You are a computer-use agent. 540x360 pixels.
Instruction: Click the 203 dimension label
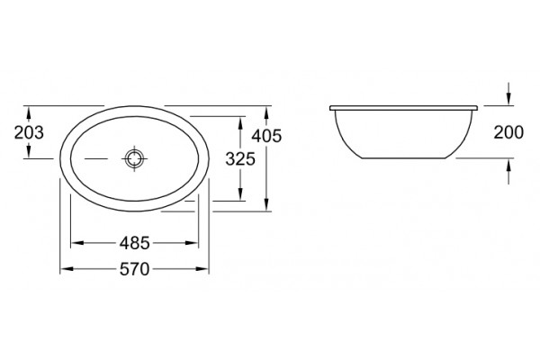point(29,132)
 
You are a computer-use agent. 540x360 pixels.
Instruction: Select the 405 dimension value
point(266,136)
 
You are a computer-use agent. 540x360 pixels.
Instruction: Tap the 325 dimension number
point(240,158)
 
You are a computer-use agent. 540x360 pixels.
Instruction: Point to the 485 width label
point(135,243)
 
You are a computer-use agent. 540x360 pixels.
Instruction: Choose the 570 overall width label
point(135,269)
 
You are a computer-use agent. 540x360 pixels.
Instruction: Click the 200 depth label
point(508,132)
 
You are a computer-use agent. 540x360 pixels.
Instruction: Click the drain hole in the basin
point(134,158)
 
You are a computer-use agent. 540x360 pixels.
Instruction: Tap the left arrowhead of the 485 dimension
point(76,243)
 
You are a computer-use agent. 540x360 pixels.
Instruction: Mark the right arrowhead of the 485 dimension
point(193,243)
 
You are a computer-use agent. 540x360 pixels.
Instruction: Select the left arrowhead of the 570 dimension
point(67,269)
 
